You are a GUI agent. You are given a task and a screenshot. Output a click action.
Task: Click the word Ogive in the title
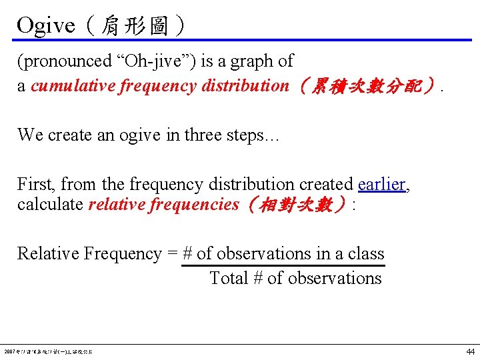point(45,25)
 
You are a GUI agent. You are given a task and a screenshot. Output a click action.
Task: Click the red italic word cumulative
point(73,86)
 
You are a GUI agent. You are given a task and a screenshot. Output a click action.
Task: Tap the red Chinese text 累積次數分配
point(368,86)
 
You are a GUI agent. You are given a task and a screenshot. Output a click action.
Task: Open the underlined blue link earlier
point(381,184)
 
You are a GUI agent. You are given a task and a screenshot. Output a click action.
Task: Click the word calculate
point(50,204)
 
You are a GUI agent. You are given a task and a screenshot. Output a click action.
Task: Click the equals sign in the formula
point(172,254)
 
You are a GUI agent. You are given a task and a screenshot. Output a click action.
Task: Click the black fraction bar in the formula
point(283,265)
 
